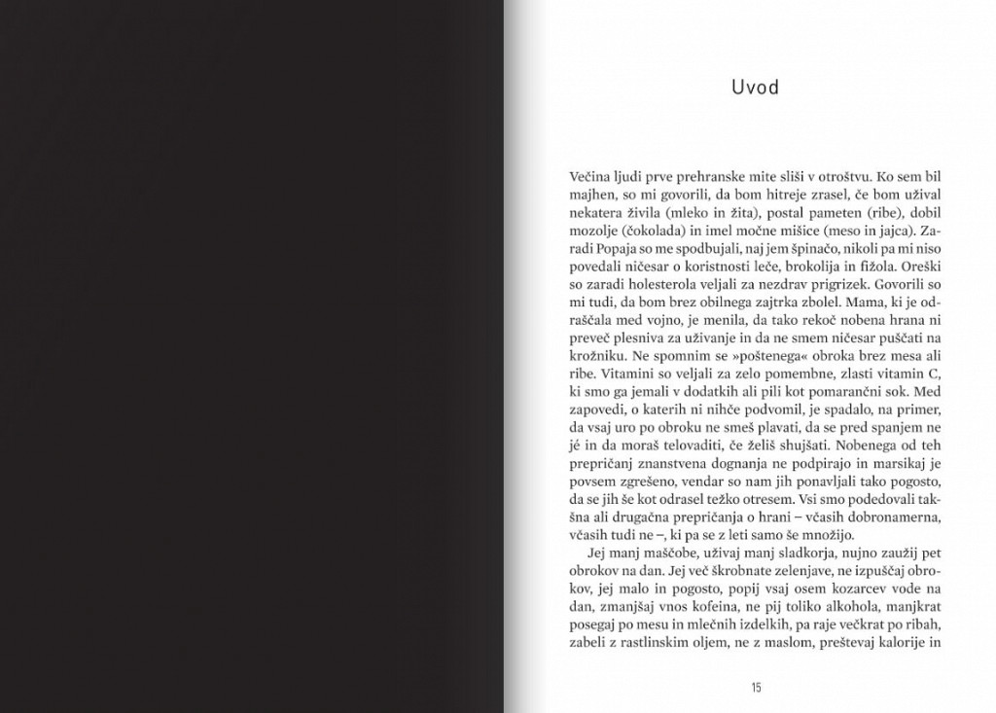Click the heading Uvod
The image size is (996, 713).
point(755,88)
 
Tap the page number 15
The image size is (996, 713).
point(755,688)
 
